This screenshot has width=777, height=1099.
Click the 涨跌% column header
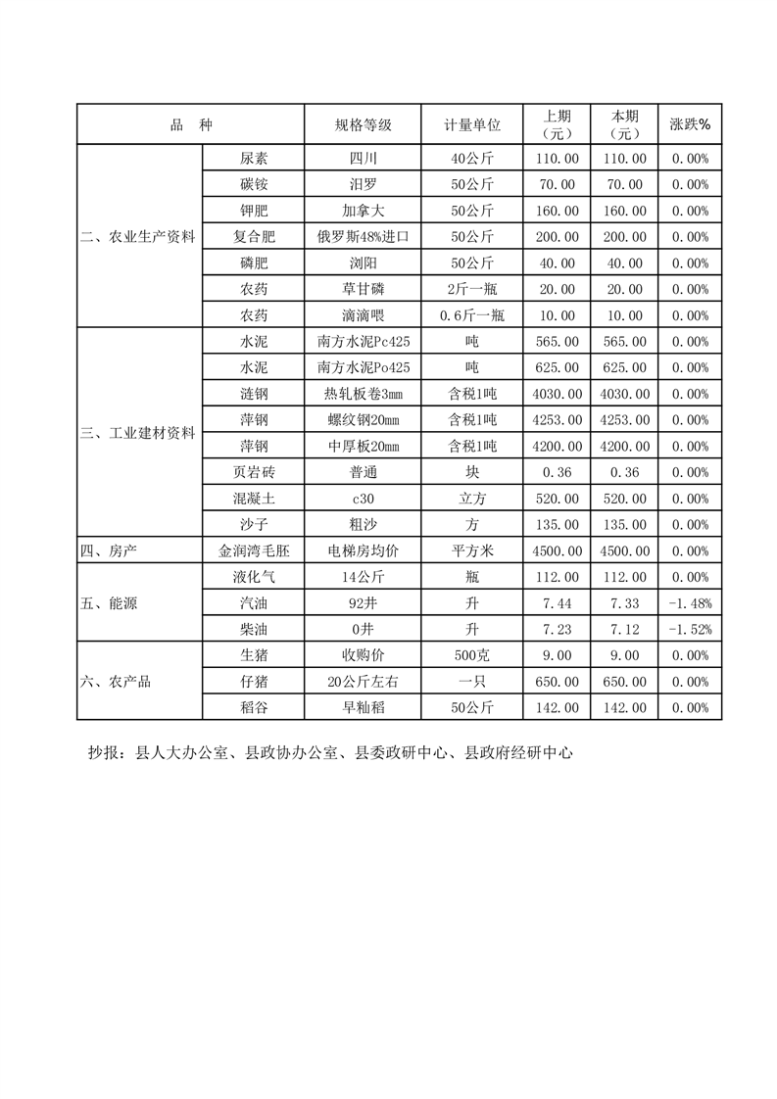click(x=689, y=124)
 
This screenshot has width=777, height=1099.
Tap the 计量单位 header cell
click(x=472, y=124)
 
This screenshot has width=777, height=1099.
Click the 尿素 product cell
click(x=254, y=158)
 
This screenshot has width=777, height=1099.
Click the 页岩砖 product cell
click(x=254, y=472)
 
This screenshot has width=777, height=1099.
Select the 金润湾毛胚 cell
click(x=254, y=550)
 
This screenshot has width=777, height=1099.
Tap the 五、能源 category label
click(x=109, y=602)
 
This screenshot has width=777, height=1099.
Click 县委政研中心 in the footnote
click(x=402, y=753)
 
